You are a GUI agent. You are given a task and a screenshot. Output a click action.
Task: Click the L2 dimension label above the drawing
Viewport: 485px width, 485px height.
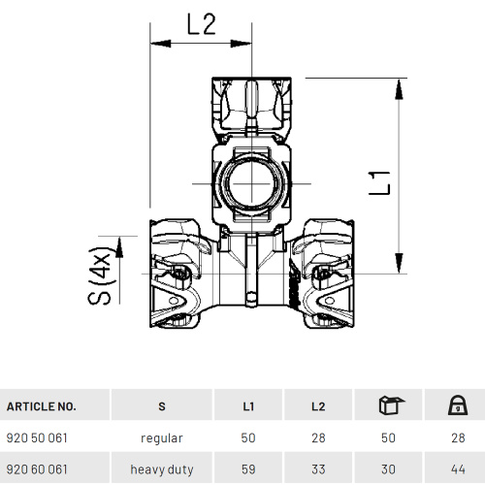coord(202,24)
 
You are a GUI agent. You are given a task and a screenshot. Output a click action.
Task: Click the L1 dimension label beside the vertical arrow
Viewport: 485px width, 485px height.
coord(379,183)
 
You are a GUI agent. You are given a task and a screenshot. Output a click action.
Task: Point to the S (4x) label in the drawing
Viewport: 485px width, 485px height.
coord(101,275)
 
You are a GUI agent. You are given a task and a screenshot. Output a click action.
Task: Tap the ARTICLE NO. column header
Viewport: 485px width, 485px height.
coord(41,406)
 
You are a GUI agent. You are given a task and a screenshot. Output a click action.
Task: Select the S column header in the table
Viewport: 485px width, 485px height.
coord(162,406)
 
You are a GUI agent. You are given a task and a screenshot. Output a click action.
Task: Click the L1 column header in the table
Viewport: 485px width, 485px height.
coord(248,406)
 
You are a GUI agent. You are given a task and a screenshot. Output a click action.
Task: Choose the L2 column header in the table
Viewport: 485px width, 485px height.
coord(318,406)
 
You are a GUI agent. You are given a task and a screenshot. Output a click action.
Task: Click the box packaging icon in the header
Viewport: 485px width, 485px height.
coord(391,404)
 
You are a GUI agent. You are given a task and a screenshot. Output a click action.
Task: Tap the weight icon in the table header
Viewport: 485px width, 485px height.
coord(458,405)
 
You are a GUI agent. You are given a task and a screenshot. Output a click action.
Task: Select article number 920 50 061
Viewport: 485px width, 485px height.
coord(37,438)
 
